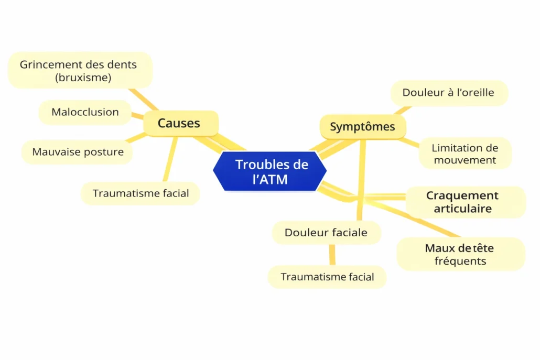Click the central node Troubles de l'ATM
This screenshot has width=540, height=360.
coord(270,171)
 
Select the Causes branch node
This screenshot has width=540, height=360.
coord(180,124)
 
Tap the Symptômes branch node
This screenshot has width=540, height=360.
coord(362,127)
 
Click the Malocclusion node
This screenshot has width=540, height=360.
coord(85,112)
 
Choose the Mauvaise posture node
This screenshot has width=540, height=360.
coord(78,152)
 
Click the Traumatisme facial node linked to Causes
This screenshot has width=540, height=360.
coord(141,193)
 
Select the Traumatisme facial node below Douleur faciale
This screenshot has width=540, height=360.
coord(327,277)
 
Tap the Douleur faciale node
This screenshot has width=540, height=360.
coord(326,233)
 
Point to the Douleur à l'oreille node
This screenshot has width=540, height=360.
coord(448,93)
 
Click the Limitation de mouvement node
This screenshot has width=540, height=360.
coord(465,154)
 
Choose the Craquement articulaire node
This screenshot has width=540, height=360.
coord(462,202)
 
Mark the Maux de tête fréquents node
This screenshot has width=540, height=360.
coord(460,254)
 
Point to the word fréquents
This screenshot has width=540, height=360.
coord(460,261)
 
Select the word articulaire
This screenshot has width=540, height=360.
coord(462,209)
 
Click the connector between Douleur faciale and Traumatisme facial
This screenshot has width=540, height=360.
coord(332,255)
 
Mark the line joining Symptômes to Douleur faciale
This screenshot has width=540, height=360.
coord(361,178)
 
